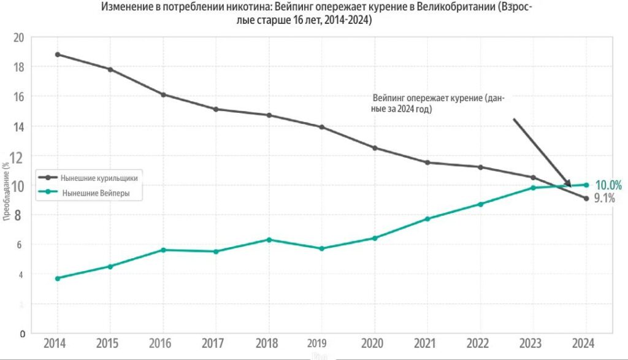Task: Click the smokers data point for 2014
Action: (58, 54)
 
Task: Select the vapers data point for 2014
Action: (58, 278)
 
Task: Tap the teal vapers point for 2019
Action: (322, 248)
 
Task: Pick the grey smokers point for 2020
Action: (375, 148)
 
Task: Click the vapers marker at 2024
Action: (586, 185)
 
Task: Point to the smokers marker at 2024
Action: (586, 198)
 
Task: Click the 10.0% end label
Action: (608, 185)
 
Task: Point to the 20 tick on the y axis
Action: (18, 37)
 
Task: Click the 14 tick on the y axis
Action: (18, 126)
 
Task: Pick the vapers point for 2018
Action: (269, 239)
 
